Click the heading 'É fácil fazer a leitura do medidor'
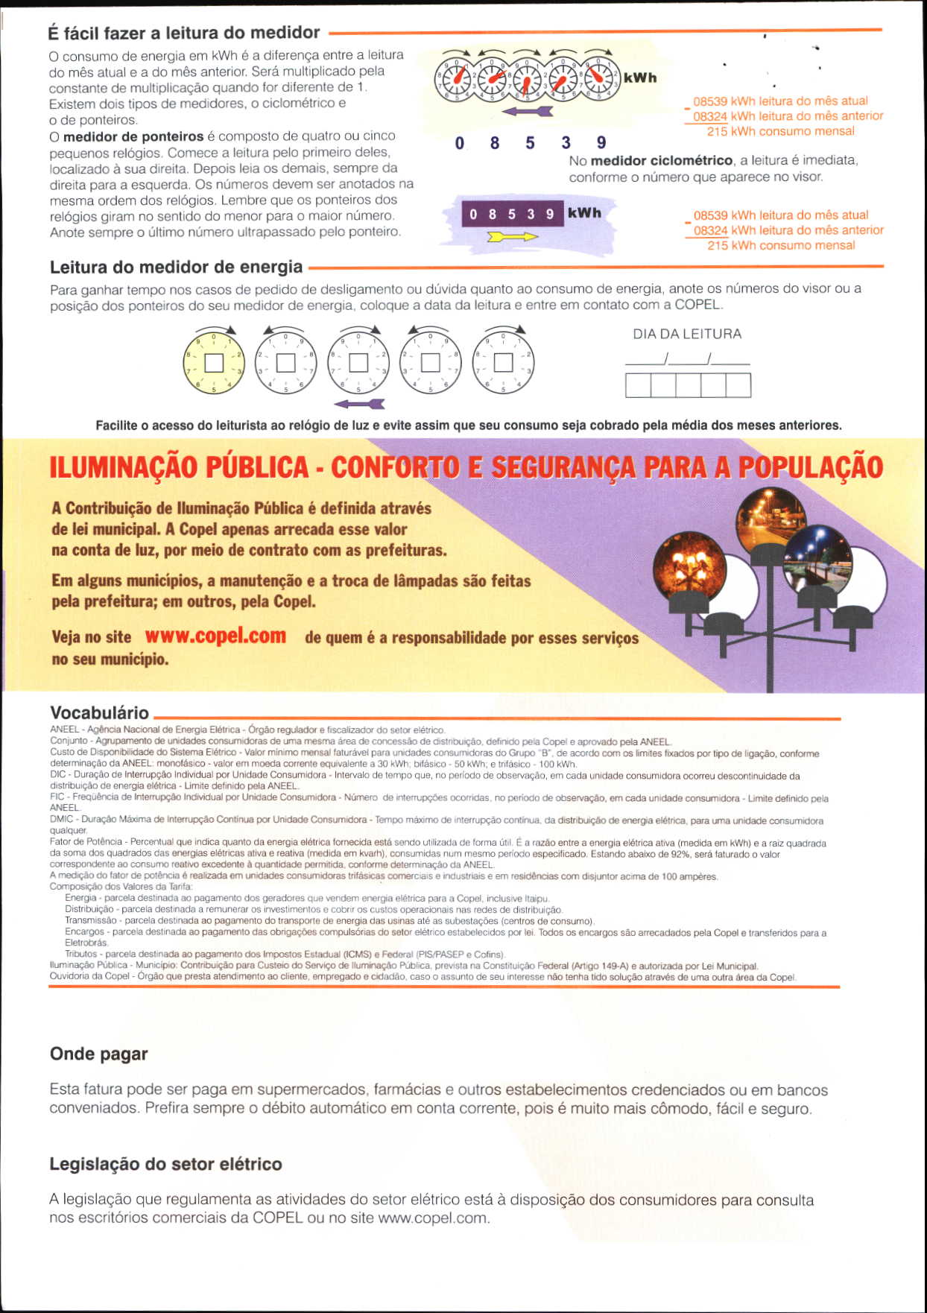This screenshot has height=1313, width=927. click(x=184, y=33)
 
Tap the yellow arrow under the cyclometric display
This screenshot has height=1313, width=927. click(x=512, y=237)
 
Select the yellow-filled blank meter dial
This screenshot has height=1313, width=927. click(x=214, y=362)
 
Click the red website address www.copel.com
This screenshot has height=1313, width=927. click(x=215, y=636)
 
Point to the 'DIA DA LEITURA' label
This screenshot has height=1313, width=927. click(x=687, y=335)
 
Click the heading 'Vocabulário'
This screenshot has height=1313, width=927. click(x=99, y=712)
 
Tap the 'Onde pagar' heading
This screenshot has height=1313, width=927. click(x=98, y=1054)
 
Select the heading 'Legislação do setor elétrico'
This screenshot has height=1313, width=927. click(x=165, y=1164)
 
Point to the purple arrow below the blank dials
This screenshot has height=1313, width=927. click(x=359, y=404)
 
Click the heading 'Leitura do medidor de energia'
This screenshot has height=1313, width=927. click(x=176, y=267)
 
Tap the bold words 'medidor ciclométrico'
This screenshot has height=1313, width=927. click(x=661, y=161)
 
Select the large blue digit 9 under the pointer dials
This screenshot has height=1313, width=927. click(x=601, y=143)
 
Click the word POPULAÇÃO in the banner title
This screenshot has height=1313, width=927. click(x=810, y=467)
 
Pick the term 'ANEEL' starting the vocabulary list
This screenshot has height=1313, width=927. click(x=64, y=730)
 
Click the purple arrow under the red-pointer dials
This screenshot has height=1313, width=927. click(x=528, y=112)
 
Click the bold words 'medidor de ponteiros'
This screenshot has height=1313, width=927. click(x=133, y=136)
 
